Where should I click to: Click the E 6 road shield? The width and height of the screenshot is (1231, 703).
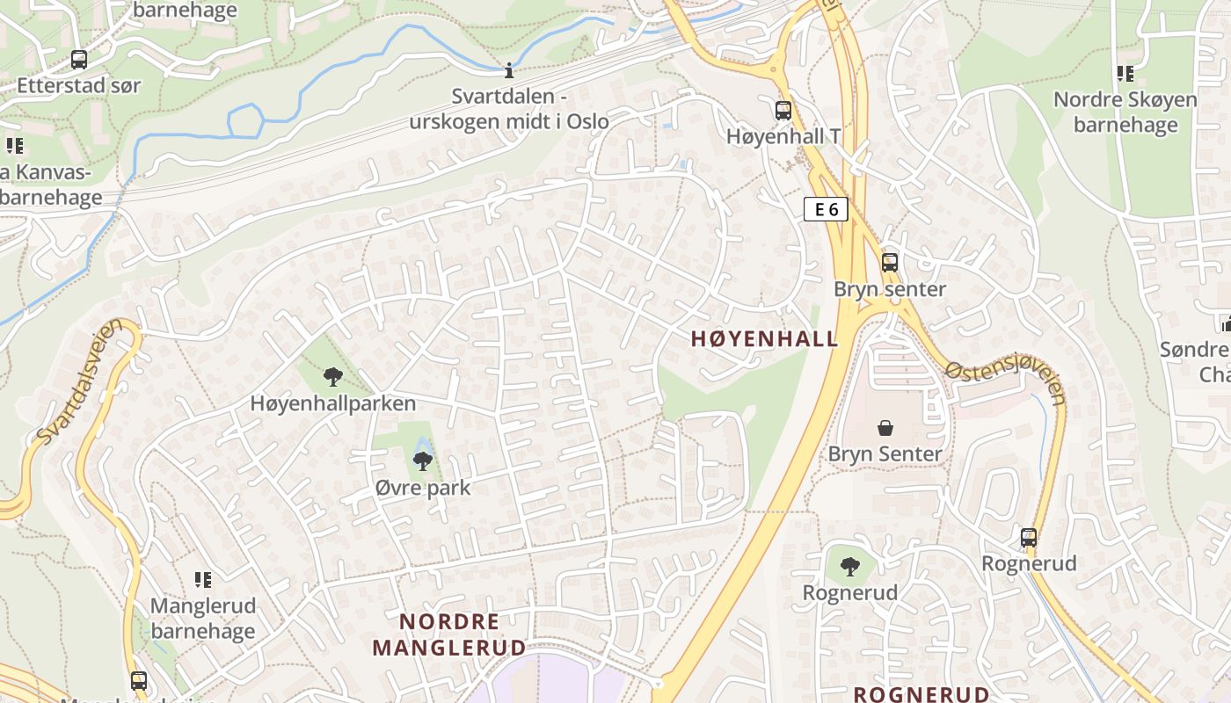click(826, 209)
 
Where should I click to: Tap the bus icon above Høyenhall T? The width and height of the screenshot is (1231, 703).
click(783, 111)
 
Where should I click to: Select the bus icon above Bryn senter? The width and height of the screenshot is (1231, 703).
click(890, 262)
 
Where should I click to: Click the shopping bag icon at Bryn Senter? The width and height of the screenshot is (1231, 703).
click(885, 428)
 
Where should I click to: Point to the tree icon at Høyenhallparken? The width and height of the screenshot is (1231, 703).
click(332, 377)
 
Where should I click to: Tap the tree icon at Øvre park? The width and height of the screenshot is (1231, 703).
click(423, 460)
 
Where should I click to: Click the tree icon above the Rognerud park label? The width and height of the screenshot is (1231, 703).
click(849, 566)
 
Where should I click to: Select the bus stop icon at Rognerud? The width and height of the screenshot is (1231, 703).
click(1029, 537)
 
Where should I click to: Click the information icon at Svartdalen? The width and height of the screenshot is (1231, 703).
click(508, 69)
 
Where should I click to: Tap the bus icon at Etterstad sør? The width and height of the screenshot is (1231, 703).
click(79, 60)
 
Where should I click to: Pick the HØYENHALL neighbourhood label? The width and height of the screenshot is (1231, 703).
click(764, 339)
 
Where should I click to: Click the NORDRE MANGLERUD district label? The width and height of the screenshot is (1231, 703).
click(449, 634)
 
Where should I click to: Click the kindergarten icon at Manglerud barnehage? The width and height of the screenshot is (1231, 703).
click(203, 580)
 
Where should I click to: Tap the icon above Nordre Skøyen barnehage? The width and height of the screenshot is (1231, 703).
click(1125, 74)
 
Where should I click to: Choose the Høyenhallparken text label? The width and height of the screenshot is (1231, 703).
click(333, 403)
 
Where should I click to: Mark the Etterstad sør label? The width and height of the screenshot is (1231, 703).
click(79, 86)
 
